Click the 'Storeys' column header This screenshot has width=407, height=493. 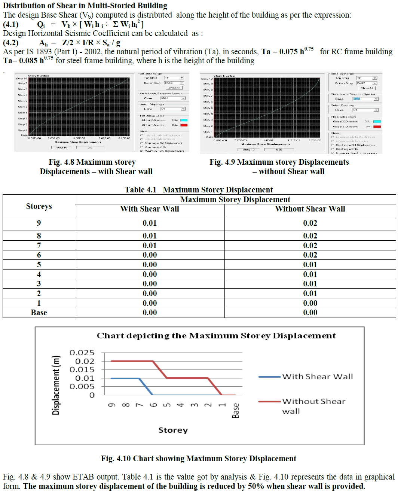(39, 206)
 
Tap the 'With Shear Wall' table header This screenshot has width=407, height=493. (150, 209)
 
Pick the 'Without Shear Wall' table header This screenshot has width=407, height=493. (310, 209)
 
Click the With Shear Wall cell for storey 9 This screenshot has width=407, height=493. (150, 223)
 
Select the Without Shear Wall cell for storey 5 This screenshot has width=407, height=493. (310, 265)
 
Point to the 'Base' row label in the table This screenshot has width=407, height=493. (39, 313)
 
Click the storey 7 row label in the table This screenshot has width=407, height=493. (39, 246)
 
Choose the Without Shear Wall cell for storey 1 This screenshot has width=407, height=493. (310, 303)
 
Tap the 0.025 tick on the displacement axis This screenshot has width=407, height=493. (82, 353)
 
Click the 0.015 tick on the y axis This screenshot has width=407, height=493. (82, 369)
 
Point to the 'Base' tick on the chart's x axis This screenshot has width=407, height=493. (236, 410)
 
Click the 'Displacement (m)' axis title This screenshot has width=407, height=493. (56, 385)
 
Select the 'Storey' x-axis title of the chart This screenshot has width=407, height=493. (173, 430)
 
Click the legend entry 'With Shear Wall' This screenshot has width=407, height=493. (317, 377)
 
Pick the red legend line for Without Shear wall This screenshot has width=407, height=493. (269, 401)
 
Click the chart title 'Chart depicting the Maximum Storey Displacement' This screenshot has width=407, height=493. (216, 335)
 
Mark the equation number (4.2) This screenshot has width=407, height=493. (10, 43)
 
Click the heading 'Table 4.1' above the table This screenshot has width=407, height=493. (141, 190)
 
